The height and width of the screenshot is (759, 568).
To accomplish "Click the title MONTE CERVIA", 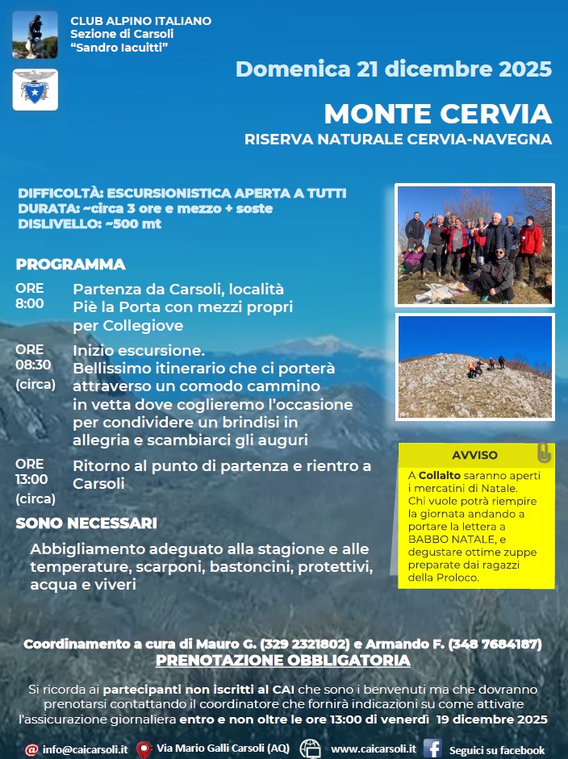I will [x=437, y=114].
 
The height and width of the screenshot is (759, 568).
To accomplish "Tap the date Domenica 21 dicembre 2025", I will [x=394, y=69].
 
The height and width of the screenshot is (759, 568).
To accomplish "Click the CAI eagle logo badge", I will [x=35, y=89].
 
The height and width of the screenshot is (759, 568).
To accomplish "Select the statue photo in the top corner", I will [x=35, y=35].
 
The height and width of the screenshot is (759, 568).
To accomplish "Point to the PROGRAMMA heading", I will [x=70, y=265].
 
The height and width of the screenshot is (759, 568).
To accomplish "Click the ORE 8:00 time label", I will [x=30, y=296].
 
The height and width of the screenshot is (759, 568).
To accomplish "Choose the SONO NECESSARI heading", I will [x=86, y=523].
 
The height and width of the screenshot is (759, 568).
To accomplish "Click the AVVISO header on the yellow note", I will [x=474, y=455].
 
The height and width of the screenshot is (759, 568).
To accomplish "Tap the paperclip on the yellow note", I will [x=544, y=452].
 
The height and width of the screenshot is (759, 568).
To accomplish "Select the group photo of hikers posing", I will [x=474, y=244].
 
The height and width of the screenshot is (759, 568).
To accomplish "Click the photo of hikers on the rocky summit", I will [x=474, y=367].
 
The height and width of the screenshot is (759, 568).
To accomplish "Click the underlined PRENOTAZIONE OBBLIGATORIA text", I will [x=283, y=661].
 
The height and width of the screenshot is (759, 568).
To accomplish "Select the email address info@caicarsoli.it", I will [x=85, y=749].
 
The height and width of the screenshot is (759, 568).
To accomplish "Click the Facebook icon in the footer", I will [x=432, y=749].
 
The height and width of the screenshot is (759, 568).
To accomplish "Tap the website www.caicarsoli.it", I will [x=373, y=749].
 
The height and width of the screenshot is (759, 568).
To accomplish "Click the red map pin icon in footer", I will [x=144, y=749].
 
